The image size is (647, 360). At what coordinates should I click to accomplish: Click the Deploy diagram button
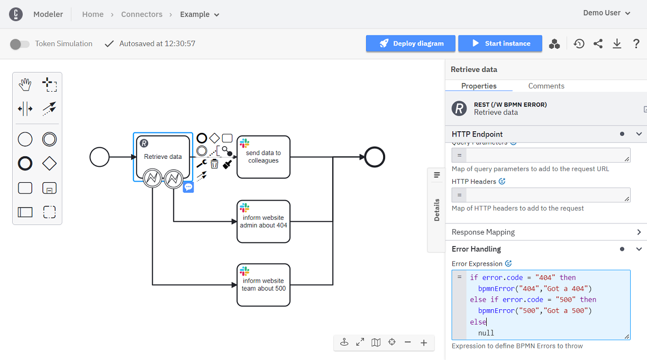point(411,43)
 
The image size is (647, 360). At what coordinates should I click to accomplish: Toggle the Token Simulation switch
point(20,44)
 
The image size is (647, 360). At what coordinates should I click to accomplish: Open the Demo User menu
point(606,13)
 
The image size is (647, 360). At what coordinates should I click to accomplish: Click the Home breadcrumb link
point(93,14)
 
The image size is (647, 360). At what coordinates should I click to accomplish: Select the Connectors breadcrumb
point(142,14)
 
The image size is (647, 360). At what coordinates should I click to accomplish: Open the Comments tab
point(546,86)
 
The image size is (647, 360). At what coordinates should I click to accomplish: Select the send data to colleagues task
point(263,157)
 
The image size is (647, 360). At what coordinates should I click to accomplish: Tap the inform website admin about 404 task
point(263,221)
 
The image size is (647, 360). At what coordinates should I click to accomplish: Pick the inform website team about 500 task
point(263,285)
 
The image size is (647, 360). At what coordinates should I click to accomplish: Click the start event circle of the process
point(99,157)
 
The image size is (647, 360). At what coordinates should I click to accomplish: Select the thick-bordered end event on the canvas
point(375,157)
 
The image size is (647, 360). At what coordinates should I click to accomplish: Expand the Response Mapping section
point(545,232)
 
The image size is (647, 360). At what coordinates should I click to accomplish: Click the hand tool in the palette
point(25,84)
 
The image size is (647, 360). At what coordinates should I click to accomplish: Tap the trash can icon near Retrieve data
point(214,164)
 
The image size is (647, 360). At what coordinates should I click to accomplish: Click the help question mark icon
point(636,44)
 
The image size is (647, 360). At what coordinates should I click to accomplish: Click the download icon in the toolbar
point(617,44)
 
